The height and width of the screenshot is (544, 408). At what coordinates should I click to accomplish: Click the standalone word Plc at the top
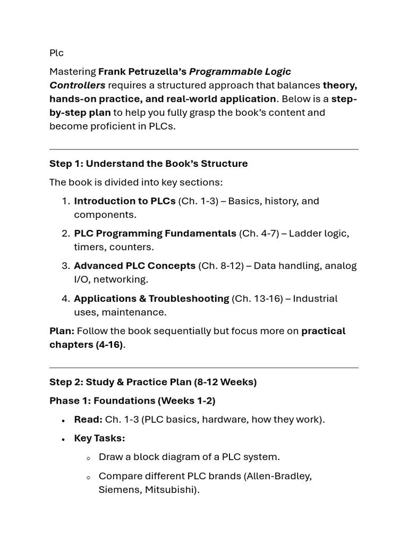point(56,53)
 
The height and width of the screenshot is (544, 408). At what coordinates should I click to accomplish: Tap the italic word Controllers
point(78,85)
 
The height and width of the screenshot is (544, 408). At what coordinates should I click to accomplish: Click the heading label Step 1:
point(66,164)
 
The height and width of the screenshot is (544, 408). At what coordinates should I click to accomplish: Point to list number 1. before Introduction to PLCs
point(66,201)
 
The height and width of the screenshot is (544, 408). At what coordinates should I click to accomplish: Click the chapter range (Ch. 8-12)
point(220,266)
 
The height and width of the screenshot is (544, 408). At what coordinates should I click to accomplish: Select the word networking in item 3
point(120,279)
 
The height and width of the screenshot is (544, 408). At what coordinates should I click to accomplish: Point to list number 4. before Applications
point(66,299)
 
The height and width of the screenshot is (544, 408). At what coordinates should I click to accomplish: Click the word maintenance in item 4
point(138,312)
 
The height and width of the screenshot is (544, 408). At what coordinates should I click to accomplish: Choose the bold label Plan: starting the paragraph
point(62,331)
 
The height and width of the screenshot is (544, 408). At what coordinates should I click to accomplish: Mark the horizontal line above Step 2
point(204,368)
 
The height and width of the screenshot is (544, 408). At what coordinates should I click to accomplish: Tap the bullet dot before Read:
point(63,420)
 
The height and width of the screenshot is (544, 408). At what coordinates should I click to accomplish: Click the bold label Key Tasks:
point(99,438)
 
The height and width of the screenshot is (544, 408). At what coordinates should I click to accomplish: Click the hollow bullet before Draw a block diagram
point(88,458)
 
